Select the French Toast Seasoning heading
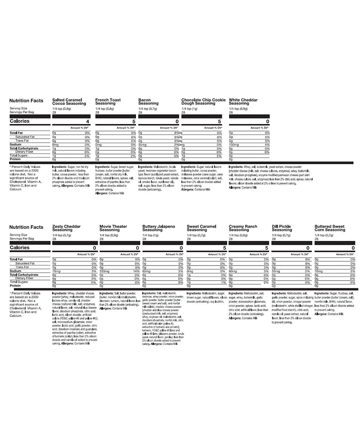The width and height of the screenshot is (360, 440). (x=110, y=101)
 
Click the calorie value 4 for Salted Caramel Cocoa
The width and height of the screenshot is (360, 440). (x=89, y=121)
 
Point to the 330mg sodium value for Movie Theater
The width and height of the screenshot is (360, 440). (x=104, y=272)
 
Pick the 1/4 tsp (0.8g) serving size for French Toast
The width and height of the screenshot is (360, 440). (x=104, y=108)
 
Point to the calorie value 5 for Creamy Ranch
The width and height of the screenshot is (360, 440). (x=266, y=248)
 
